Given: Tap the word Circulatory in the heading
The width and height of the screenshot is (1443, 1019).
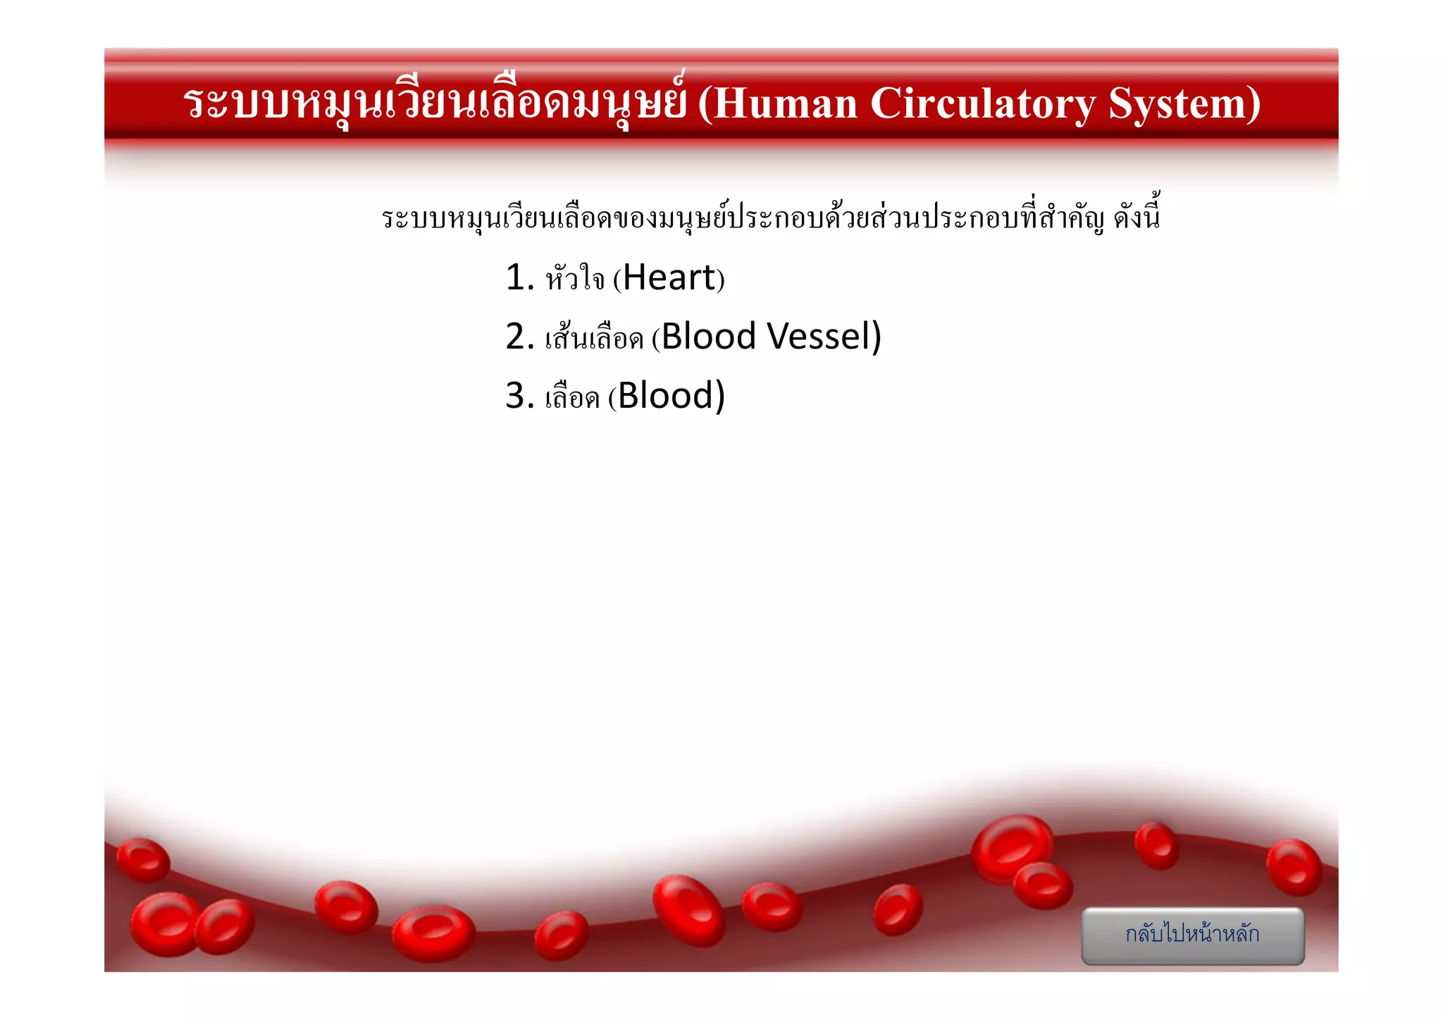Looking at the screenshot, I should pos(983,104).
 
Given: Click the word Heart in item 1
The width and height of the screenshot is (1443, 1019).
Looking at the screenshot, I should pos(669,277).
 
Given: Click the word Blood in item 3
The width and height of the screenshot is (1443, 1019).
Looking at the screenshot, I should pos(666,396).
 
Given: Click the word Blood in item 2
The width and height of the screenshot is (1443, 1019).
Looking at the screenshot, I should pos(709,337).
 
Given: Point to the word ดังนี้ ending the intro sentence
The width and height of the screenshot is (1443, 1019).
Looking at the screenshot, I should pos(1137,215).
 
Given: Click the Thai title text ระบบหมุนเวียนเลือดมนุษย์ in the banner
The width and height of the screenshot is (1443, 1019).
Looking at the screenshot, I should pos(434,104).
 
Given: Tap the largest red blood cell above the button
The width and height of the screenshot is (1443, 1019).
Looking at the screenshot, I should pos(1012,848).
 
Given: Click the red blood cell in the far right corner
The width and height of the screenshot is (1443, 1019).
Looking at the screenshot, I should pos(1294,867).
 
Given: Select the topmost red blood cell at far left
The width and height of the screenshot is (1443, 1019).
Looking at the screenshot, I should pos(143,860).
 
